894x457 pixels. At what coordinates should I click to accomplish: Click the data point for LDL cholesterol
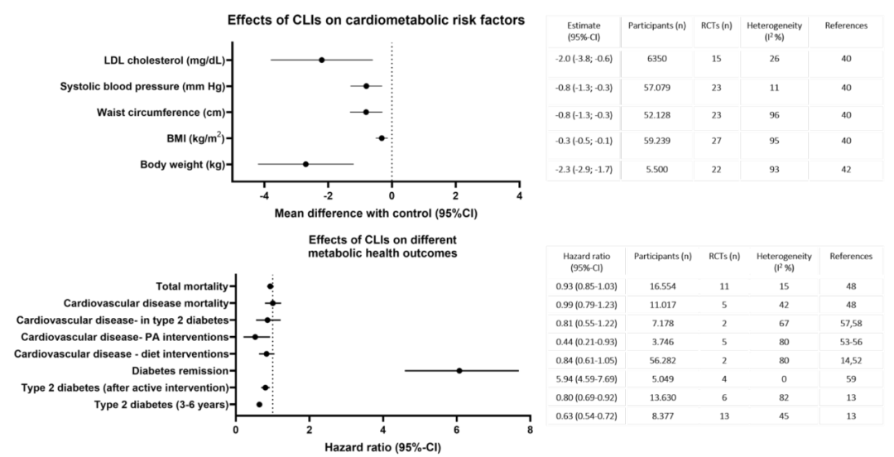tap(321, 60)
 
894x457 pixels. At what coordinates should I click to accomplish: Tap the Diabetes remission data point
tap(459, 370)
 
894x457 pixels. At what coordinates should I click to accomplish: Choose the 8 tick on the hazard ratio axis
tap(529, 430)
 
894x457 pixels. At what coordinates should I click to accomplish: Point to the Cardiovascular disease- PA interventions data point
tap(255, 337)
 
